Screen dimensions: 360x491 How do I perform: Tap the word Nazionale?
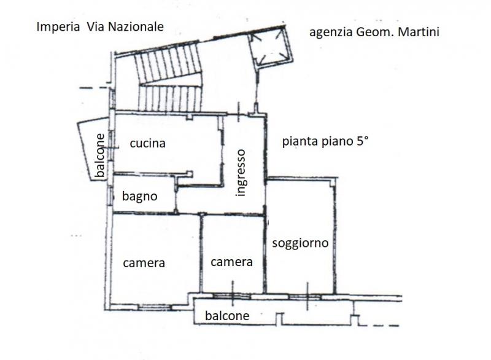click(136, 26)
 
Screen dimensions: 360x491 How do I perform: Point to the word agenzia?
click(331, 33)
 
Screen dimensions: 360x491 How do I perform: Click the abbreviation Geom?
click(373, 32)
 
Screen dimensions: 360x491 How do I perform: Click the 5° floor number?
click(361, 141)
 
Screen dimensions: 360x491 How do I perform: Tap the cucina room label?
click(147, 143)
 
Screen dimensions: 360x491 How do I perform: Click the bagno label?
click(139, 197)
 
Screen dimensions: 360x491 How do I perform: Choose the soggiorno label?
click(300, 243)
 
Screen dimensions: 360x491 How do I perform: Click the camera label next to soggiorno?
click(231, 262)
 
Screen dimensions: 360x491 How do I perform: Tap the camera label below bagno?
click(144, 263)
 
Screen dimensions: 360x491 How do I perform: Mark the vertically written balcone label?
click(100, 155)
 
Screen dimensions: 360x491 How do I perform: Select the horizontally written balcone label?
click(227, 316)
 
